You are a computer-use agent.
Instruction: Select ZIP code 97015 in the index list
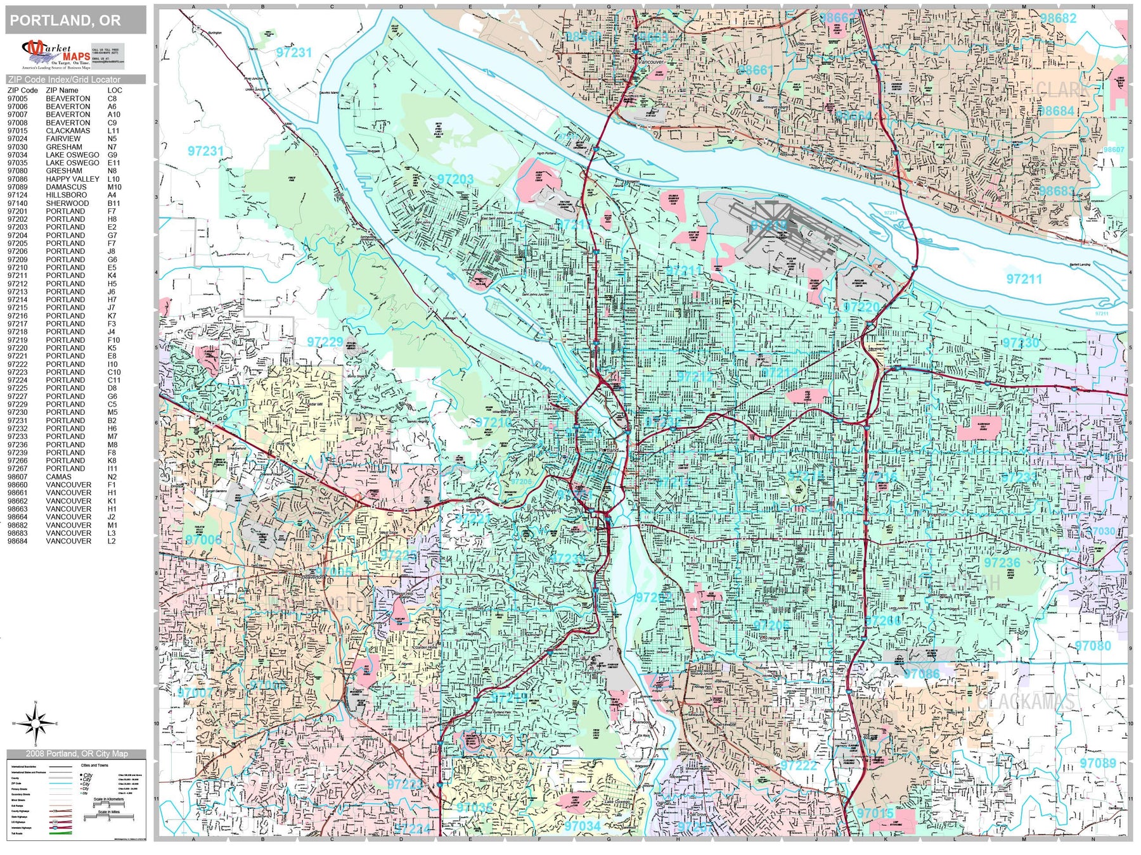click(18, 131)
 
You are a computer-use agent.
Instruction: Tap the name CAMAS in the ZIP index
click(59, 477)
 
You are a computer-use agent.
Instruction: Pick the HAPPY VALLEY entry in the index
click(72, 179)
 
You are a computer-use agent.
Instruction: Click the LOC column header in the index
click(115, 91)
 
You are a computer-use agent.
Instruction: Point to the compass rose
click(35, 723)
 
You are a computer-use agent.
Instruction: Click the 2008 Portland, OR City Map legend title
click(77, 754)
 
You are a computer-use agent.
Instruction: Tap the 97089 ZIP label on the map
click(1098, 763)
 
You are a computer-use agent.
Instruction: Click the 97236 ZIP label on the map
click(1002, 562)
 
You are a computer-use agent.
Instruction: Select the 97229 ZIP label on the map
click(325, 342)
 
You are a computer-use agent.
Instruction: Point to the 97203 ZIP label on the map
click(455, 179)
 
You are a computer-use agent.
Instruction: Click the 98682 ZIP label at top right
click(1058, 18)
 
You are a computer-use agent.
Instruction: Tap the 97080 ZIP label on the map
click(1093, 646)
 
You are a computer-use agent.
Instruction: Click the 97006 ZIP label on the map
click(203, 540)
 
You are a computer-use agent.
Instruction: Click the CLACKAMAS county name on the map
click(1025, 702)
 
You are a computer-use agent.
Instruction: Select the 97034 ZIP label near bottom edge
click(583, 826)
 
